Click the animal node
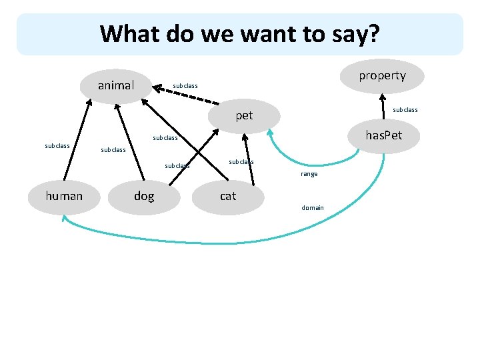pyautogui.click(x=116, y=85)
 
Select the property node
pyautogui.click(x=381, y=75)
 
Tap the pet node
pyautogui.click(x=244, y=115)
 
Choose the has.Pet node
pyautogui.click(x=383, y=136)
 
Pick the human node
pyautogui.click(x=64, y=195)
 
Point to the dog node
pyautogui.click(x=144, y=195)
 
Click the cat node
pyautogui.click(x=228, y=195)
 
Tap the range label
pyautogui.click(x=309, y=174)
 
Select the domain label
pyautogui.click(x=313, y=207)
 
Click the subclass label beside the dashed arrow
pyautogui.click(x=185, y=85)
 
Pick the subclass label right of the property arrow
pyautogui.click(x=405, y=109)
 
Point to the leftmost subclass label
pyautogui.click(x=57, y=145)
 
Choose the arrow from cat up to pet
pyautogui.click(x=249, y=160)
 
